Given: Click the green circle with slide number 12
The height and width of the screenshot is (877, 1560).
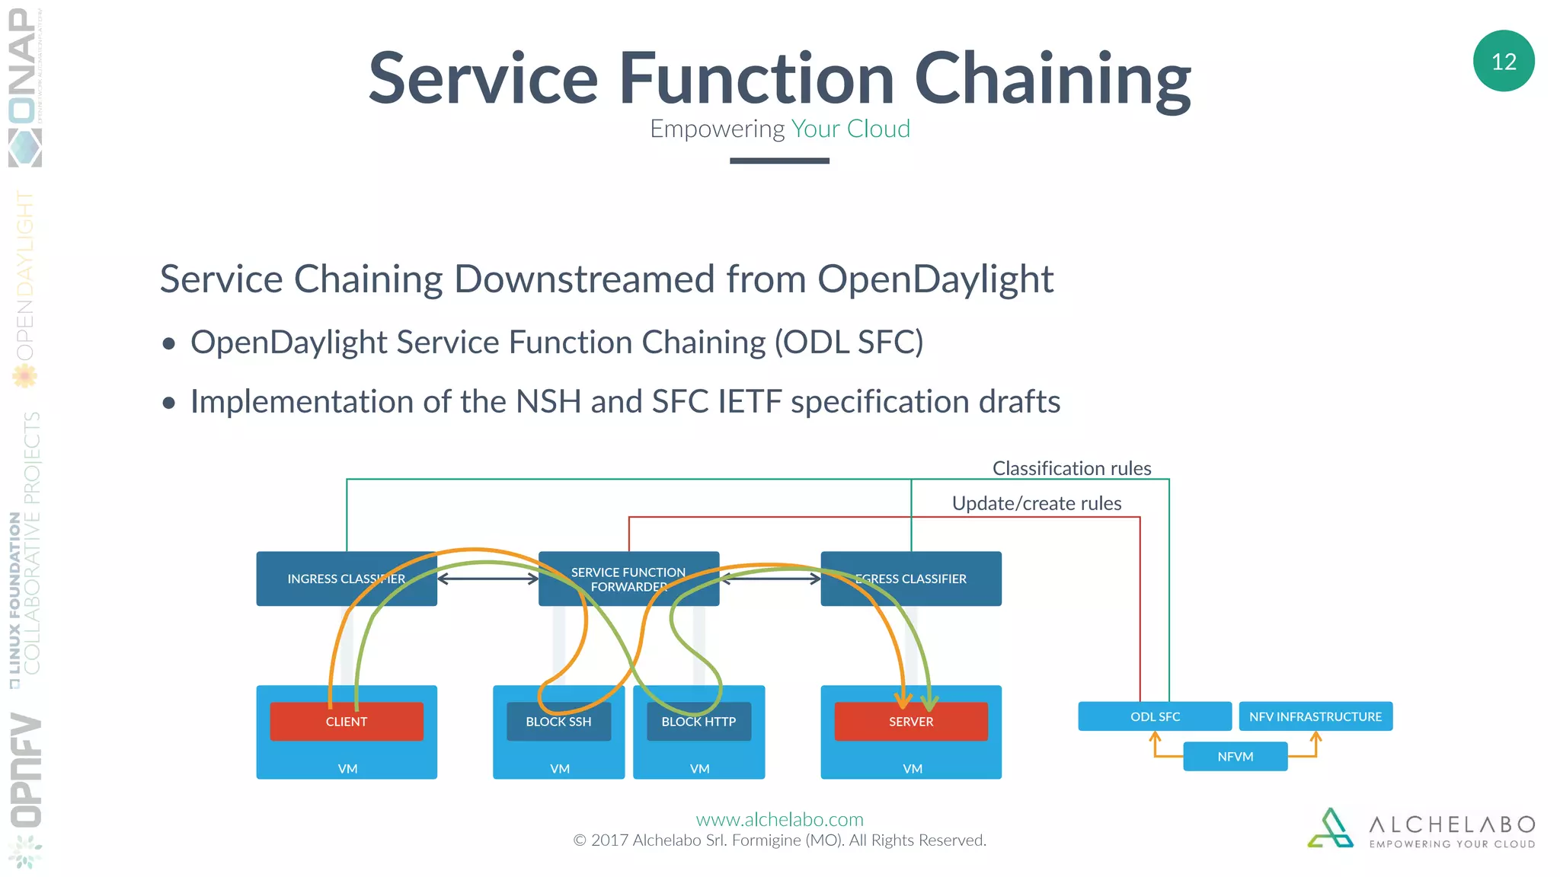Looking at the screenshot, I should (x=1503, y=61).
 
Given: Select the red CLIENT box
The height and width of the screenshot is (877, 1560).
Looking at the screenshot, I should (x=347, y=722).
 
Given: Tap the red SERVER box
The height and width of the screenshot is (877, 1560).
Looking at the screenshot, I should (x=910, y=722).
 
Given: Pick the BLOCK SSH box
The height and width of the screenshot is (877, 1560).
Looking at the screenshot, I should (x=558, y=722).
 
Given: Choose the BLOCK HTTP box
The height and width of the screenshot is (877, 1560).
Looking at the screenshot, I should (x=698, y=722).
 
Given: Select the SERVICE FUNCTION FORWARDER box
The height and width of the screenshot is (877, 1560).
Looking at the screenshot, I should (x=628, y=579).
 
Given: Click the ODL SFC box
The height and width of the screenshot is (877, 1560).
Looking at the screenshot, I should (x=1155, y=716).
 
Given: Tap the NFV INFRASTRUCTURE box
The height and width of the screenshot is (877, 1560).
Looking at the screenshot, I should (x=1315, y=716).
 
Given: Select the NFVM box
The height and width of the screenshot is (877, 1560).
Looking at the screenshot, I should (x=1235, y=757).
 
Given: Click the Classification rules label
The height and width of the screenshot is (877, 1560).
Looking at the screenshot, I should (x=1071, y=468).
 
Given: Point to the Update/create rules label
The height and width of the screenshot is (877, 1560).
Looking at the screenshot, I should (x=1036, y=503).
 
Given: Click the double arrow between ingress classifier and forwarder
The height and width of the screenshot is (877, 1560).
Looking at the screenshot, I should (x=487, y=579).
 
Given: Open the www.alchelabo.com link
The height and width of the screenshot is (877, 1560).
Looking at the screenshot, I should (x=779, y=819).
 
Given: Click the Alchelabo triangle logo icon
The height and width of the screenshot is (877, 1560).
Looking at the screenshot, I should (x=1330, y=828).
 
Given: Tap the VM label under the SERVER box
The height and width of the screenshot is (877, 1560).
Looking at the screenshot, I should (x=912, y=769).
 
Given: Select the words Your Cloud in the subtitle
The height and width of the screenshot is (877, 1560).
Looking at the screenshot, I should (x=850, y=129).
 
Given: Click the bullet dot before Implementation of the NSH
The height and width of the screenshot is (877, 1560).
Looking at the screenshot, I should (x=169, y=403).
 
